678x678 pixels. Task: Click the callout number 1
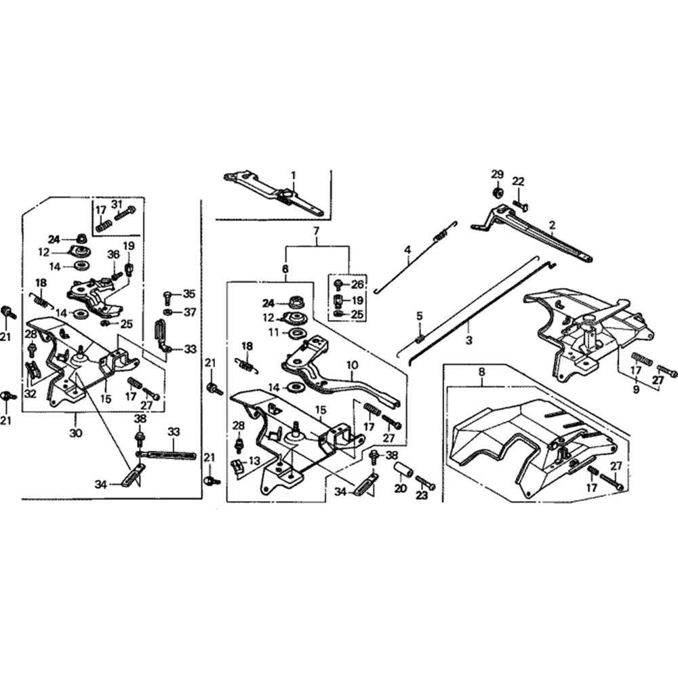tap(294, 175)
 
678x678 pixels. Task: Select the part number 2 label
tap(552, 224)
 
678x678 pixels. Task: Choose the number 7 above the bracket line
tap(315, 233)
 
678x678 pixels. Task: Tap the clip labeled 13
tap(237, 466)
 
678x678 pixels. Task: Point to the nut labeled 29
tap(496, 192)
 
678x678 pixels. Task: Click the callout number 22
tap(518, 181)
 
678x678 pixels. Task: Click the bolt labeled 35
tap(167, 296)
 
